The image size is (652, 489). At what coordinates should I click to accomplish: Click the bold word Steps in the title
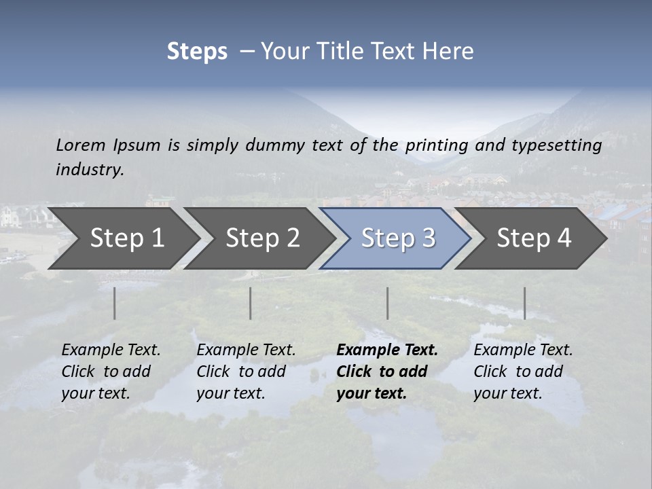(x=197, y=52)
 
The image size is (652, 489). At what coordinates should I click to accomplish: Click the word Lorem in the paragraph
(x=80, y=145)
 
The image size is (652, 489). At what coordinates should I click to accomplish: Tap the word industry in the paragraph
(x=90, y=170)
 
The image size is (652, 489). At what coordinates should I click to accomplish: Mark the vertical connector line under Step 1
(x=115, y=303)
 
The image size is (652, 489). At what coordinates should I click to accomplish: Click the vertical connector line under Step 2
(x=251, y=303)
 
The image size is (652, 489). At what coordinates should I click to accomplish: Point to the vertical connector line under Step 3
(x=388, y=303)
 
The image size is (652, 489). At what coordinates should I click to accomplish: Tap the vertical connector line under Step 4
(x=525, y=303)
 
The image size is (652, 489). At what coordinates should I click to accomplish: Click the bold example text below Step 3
(x=387, y=372)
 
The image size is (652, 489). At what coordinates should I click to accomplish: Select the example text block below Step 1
(x=111, y=372)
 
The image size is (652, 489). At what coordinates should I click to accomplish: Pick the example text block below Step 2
(x=246, y=372)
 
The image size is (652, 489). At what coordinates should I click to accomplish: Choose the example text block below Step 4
(x=523, y=372)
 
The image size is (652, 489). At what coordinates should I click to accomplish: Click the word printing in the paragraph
(x=437, y=145)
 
